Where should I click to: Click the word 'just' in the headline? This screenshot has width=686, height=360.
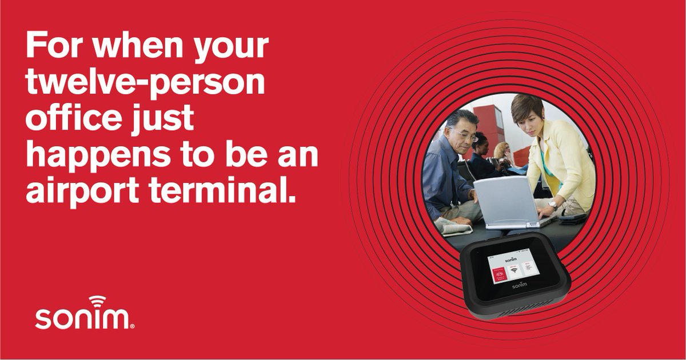[165, 122]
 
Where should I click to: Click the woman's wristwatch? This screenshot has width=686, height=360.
[552, 203]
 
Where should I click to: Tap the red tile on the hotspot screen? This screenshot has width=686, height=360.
[498, 274]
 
